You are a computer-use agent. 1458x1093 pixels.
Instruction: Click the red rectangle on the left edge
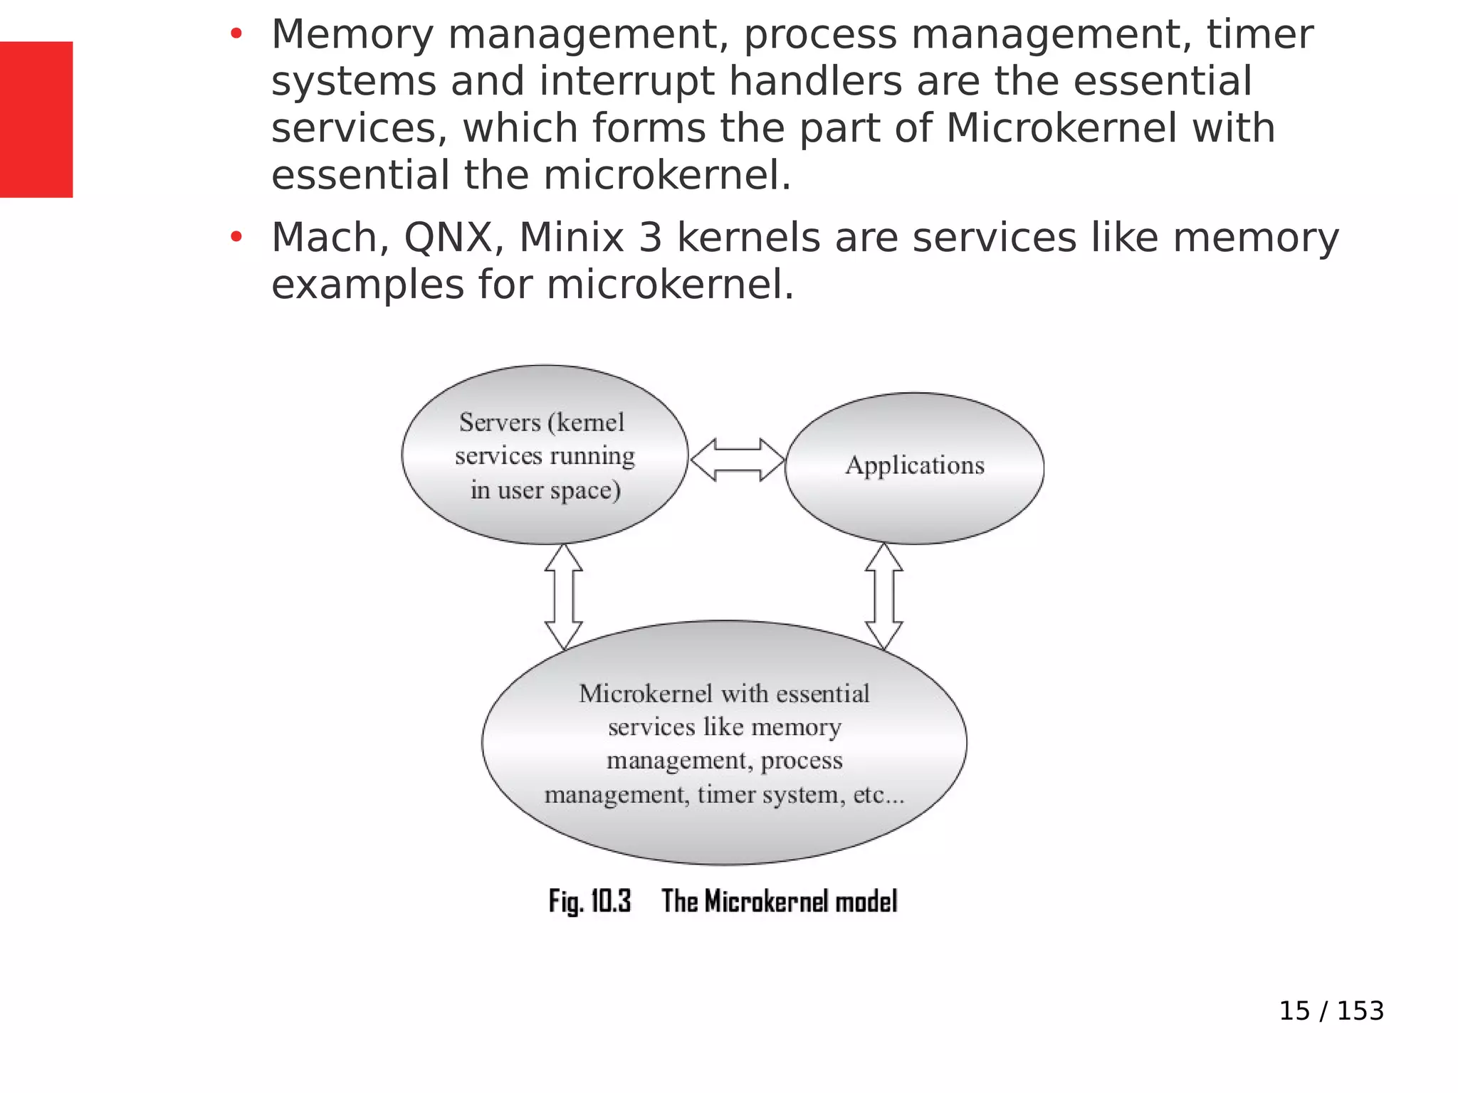coord(36,119)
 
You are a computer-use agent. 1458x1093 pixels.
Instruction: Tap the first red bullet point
coord(236,33)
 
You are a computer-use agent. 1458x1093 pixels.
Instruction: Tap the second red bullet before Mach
coord(236,237)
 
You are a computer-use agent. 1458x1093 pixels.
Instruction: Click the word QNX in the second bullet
coord(449,238)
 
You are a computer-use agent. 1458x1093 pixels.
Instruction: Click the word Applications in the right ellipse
coord(915,465)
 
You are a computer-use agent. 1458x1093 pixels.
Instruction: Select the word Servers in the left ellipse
coord(499,423)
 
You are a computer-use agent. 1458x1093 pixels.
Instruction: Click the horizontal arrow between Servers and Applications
coord(737,460)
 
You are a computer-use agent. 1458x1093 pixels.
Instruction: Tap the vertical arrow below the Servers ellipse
coord(563,596)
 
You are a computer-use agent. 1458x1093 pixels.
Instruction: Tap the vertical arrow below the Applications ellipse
coord(883,596)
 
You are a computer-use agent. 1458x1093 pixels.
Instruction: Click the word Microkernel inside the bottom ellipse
coord(645,693)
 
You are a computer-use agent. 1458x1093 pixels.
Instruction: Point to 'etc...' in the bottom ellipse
coord(879,794)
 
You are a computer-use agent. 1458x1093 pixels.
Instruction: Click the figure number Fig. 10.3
coord(589,902)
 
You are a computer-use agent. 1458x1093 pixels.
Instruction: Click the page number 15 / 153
coord(1331,1010)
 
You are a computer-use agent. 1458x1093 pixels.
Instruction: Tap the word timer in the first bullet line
coord(1259,34)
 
